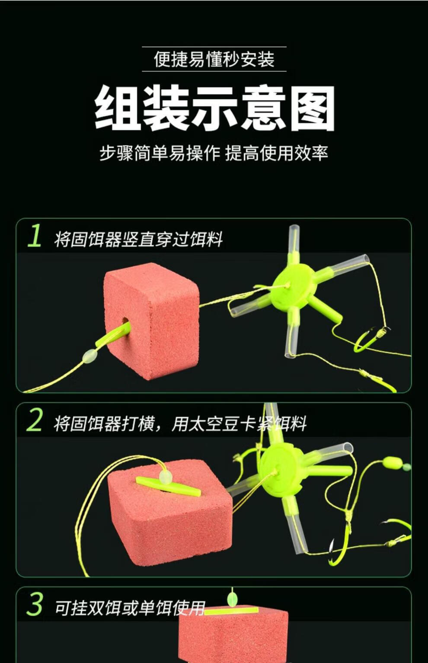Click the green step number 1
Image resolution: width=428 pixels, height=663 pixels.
35,235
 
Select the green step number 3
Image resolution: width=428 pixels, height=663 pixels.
34,604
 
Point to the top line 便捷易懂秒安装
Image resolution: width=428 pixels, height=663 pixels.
214,59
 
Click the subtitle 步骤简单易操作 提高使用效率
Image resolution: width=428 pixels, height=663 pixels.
214,153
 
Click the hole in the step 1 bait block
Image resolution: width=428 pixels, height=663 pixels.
125,321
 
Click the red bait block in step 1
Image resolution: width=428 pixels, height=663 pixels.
151,321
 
